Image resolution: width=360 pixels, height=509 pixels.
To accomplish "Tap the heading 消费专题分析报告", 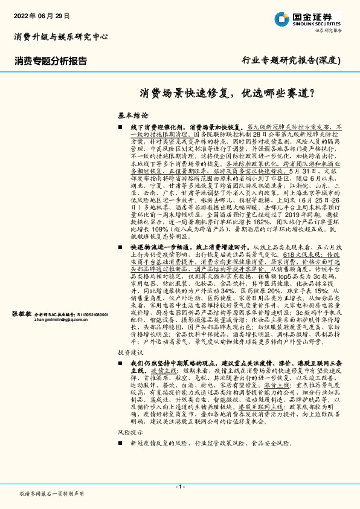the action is (x=51, y=61).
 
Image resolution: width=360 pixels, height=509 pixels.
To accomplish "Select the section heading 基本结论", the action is (x=132, y=114).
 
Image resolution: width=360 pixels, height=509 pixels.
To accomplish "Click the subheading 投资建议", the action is (x=131, y=352).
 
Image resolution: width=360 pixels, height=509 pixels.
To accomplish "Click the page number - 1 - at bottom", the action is (x=179, y=487).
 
